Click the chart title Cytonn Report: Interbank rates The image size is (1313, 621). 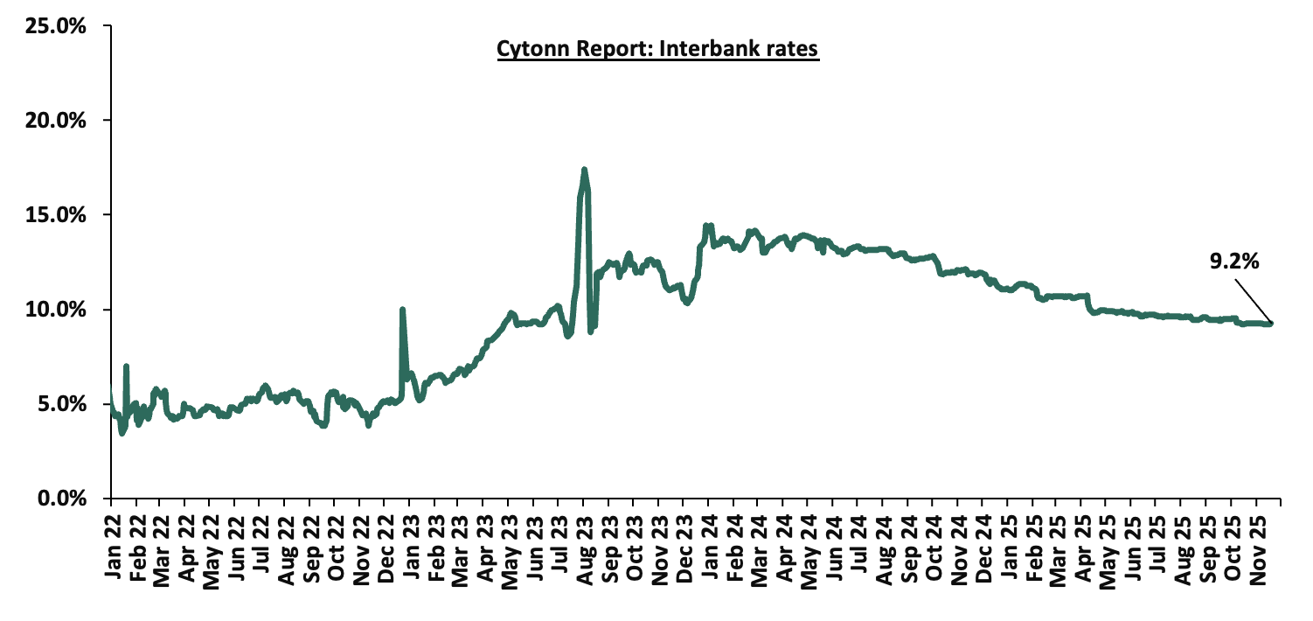[657, 50]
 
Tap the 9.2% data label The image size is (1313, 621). [1234, 260]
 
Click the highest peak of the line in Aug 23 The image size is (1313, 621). [584, 170]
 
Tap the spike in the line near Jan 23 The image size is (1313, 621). [402, 309]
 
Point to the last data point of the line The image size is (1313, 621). [1270, 324]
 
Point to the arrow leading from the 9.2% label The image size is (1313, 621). [1252, 299]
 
